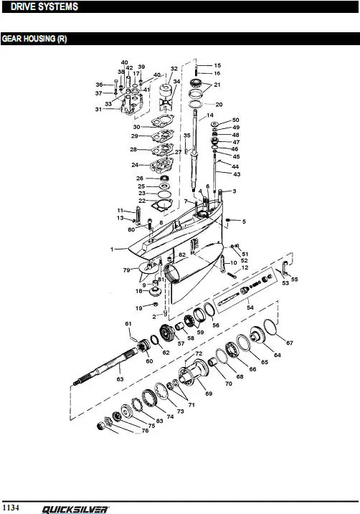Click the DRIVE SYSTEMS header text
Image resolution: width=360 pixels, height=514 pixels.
coord(44,6)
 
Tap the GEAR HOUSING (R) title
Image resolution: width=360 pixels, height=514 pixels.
coord(34,39)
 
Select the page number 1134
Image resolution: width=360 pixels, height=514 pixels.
coord(11,508)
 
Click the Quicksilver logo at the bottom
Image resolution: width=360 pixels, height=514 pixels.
coord(75,510)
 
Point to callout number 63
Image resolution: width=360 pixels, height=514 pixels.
coord(120,379)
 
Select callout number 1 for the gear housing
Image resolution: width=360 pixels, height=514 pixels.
coord(112,249)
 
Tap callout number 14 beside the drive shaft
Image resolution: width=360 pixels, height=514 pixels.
coord(210,115)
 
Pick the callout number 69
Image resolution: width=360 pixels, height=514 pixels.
coord(209,394)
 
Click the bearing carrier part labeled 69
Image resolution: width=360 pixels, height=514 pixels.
coord(194,372)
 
